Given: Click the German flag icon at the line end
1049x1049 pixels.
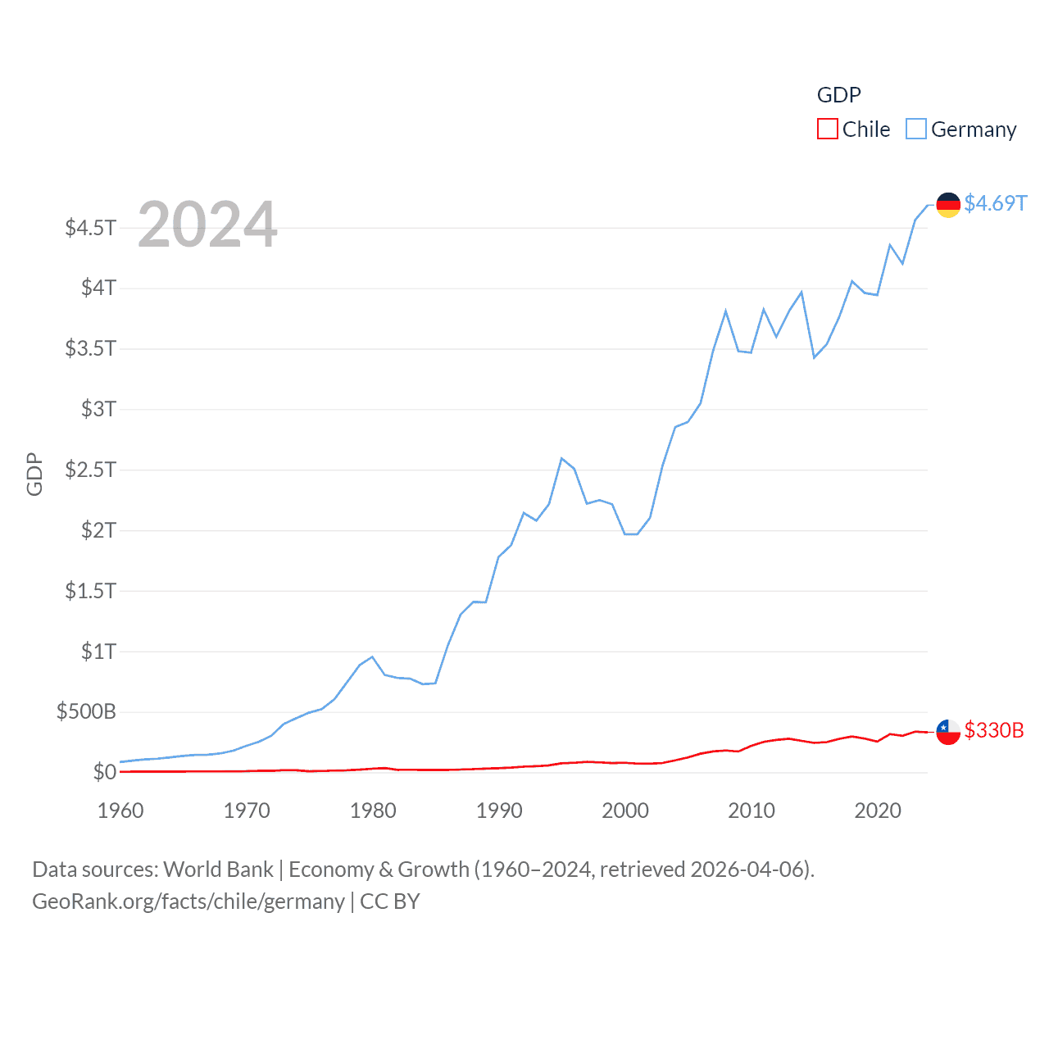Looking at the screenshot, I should [948, 205].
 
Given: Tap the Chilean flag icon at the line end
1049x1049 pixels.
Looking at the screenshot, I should [948, 732].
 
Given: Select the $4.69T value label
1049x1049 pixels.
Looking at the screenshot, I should [995, 203].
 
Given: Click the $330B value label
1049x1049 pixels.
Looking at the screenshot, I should [994, 730].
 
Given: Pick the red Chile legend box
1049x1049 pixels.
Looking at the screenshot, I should [828, 129].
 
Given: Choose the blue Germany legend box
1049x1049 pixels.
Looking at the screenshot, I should [916, 129].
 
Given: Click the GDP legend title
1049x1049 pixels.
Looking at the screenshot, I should [838, 95].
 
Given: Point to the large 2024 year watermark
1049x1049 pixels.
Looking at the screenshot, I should [207, 225].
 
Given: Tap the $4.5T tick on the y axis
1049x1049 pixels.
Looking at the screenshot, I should [91, 227].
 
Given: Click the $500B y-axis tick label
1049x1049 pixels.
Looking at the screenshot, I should [86, 711].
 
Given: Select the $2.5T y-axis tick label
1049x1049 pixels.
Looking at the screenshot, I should [91, 470].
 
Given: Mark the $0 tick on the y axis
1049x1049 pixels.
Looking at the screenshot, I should [104, 772].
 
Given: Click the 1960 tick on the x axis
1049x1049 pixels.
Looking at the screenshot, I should [120, 811].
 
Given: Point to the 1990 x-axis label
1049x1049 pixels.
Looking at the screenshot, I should [499, 811].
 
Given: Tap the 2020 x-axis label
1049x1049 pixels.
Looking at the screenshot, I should [878, 811].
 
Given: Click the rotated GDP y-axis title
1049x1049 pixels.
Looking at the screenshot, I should [34, 474].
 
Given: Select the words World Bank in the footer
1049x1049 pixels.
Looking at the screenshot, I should [219, 870].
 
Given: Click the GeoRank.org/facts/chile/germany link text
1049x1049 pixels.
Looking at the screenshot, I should [188, 901].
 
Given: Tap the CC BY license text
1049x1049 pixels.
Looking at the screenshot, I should [390, 901].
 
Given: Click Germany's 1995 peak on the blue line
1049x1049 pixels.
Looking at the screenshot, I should [561, 458].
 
